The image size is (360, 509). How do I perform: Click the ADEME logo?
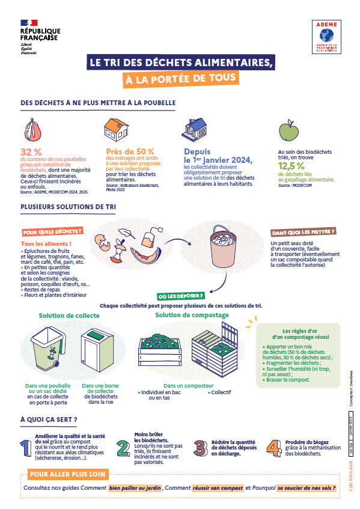(326, 38)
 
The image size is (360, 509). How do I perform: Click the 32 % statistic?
(31, 151)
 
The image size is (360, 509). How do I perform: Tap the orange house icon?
(116, 128)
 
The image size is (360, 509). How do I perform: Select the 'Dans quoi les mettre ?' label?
(303, 231)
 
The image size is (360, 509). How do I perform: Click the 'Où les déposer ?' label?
(180, 296)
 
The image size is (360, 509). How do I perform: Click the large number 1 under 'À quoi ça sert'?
(26, 448)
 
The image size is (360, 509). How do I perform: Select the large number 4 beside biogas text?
(273, 447)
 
